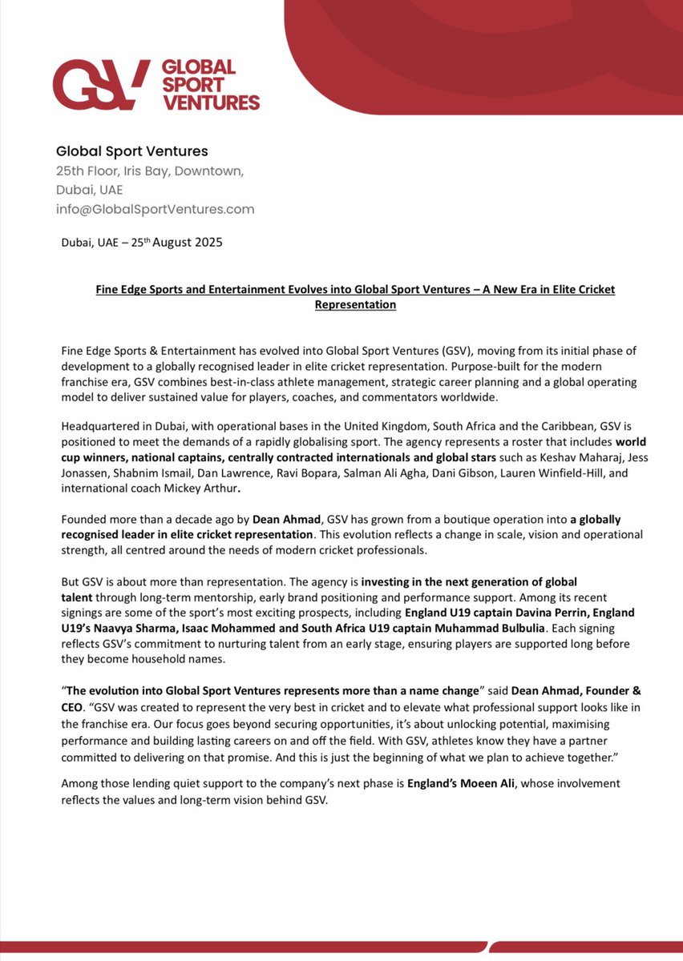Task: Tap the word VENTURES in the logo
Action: click(x=211, y=103)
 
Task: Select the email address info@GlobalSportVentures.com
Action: click(x=155, y=209)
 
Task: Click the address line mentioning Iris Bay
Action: click(x=150, y=171)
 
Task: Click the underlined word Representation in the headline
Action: click(x=355, y=304)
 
